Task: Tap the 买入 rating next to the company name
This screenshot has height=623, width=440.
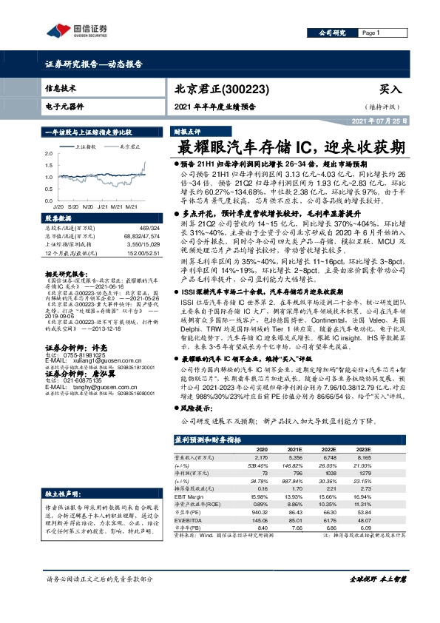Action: (x=391, y=87)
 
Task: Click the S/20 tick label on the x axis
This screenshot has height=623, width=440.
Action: (x=72, y=205)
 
